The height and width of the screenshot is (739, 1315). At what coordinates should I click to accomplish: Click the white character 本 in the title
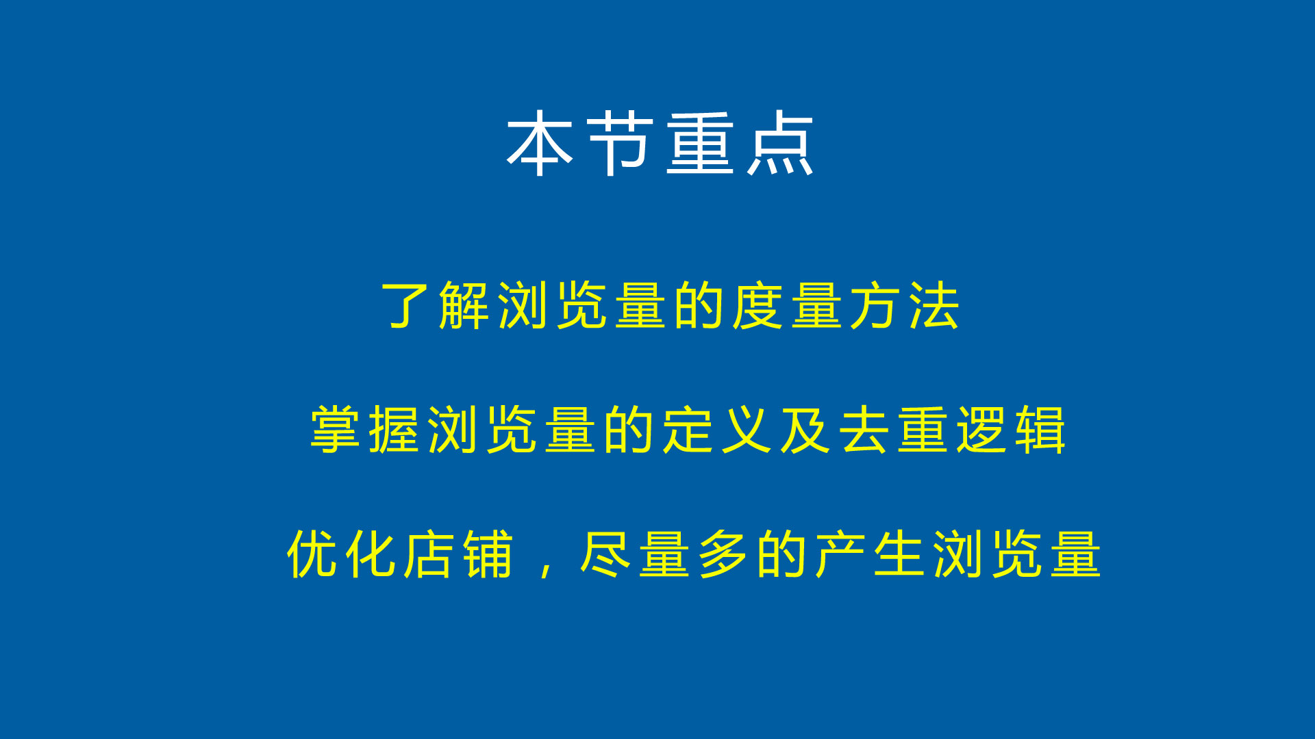point(540,144)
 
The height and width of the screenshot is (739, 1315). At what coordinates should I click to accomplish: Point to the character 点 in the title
point(780,144)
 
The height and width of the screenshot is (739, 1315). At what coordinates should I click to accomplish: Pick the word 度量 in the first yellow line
point(787,305)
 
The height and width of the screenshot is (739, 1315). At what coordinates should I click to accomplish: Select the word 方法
point(904,305)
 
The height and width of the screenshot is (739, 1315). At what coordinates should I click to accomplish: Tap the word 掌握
point(364,430)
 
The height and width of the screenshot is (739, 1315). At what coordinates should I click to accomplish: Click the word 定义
point(717,430)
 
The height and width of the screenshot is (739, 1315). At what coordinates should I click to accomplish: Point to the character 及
point(805,430)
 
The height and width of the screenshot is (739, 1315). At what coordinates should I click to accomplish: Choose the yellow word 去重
point(893,430)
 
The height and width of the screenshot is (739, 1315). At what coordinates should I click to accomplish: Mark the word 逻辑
point(1011,430)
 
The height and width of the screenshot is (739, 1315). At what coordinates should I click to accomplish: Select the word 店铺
point(458,554)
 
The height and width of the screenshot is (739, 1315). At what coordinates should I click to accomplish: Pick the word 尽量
point(634,554)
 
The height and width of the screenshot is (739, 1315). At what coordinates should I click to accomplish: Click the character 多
point(723,554)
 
